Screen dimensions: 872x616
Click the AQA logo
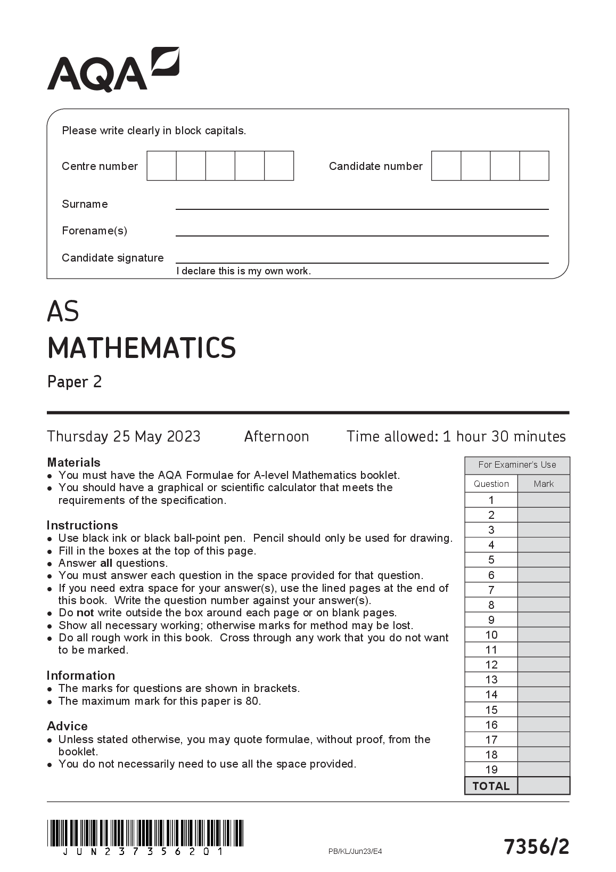[x=113, y=70]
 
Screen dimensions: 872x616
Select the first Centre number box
[x=161, y=166]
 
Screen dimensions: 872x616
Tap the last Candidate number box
[x=534, y=166]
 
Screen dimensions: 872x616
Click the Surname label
[x=85, y=204]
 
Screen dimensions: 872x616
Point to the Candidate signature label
[x=112, y=258]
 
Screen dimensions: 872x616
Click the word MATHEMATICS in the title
[x=141, y=348]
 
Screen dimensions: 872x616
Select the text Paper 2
[x=74, y=382]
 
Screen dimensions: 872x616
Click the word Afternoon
[x=276, y=436]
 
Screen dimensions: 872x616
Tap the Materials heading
[x=73, y=462]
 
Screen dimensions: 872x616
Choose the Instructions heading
[x=82, y=525]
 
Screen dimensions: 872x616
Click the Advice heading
[x=67, y=726]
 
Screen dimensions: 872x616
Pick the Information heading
[x=80, y=675]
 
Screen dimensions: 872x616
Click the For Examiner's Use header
[x=516, y=465]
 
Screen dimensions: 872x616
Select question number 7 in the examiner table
[x=491, y=590]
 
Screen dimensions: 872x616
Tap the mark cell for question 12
[x=543, y=664]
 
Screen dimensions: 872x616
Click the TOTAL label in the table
[x=491, y=786]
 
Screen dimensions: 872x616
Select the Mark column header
[x=543, y=484]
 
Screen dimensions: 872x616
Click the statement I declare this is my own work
[x=243, y=271]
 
